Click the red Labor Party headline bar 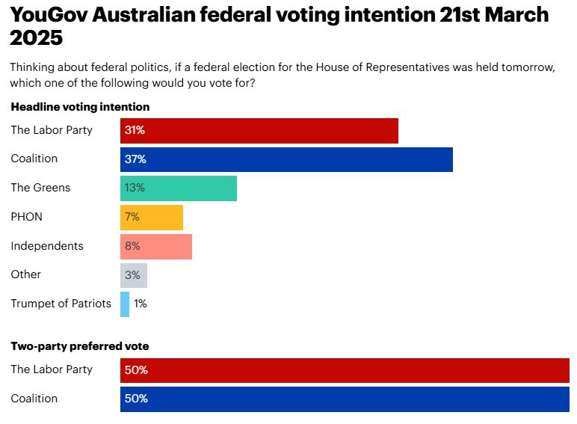259,130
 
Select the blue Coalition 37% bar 286,159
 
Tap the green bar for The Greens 178,188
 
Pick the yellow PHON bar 151,217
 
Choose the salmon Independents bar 155,246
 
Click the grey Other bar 133,275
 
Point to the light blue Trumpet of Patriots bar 125,304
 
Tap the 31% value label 135,130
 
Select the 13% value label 135,188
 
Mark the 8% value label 133,246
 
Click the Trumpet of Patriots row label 61,304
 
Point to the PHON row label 26,217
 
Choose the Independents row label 46,246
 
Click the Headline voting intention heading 80,107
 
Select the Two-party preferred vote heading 79,346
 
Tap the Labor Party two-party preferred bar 345,370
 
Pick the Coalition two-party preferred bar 345,399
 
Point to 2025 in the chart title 36,37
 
